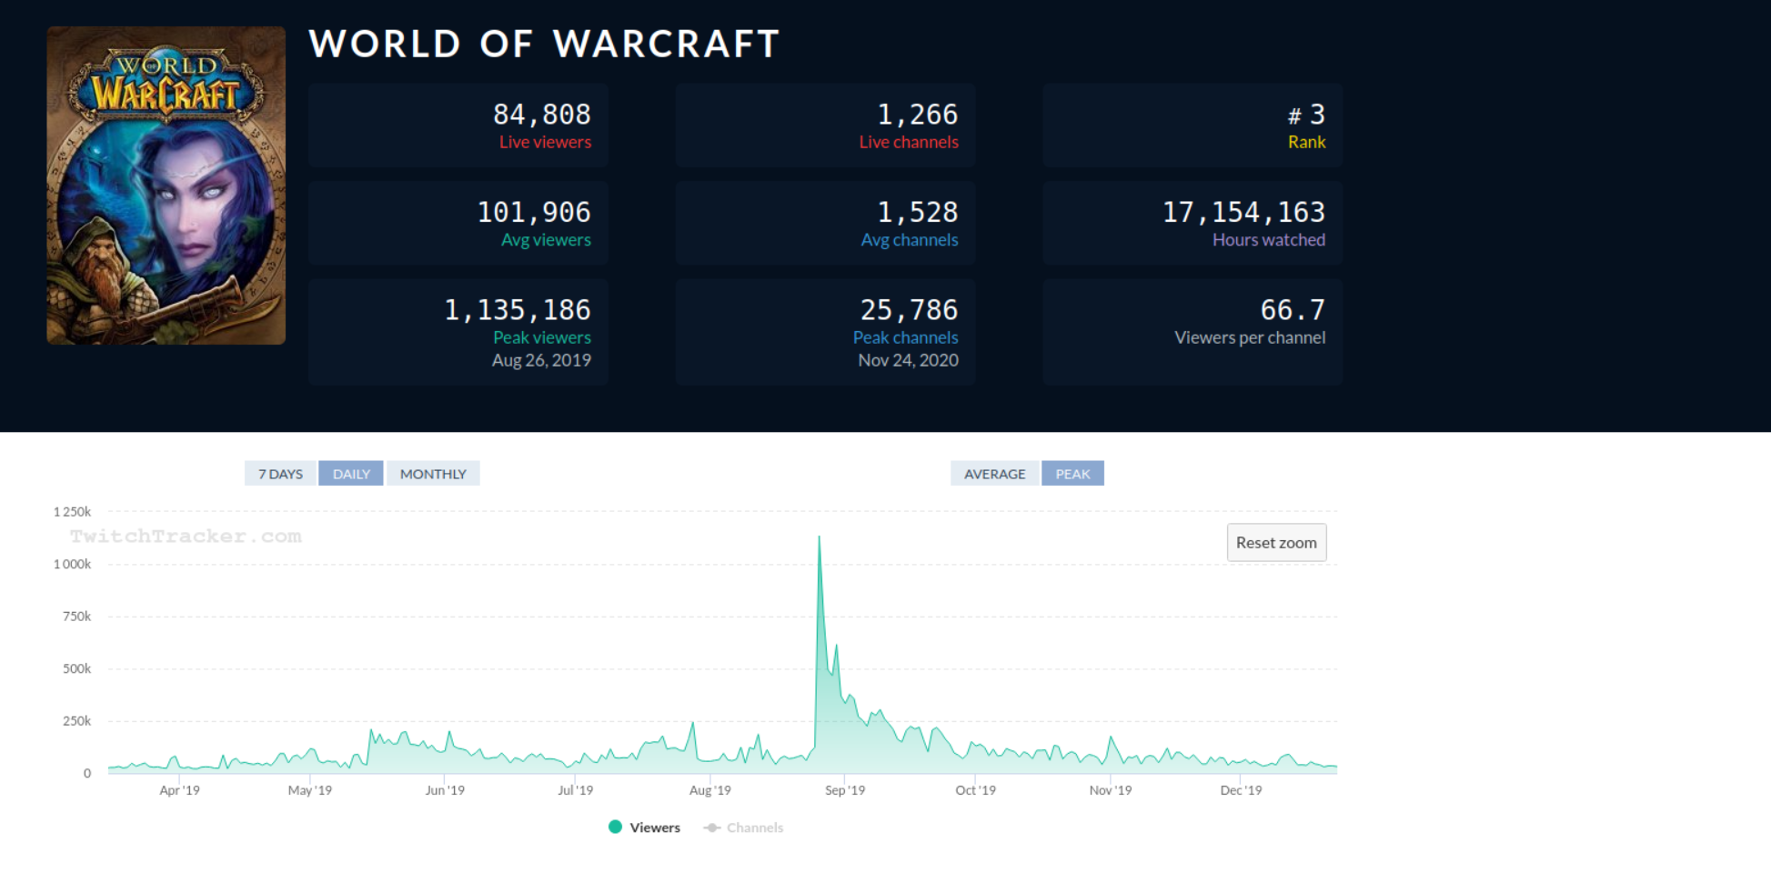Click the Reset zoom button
1276,542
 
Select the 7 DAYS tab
280,474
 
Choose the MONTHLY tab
433,474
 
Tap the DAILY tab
351,474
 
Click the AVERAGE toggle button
994,474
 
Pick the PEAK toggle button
1072,474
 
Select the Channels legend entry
743,828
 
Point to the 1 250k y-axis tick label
72,512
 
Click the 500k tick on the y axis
76,668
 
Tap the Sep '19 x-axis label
845,790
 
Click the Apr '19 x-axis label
179,790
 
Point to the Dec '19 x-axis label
1241,790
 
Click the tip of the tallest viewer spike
819,537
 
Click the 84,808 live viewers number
542,115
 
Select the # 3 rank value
1306,115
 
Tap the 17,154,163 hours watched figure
1243,213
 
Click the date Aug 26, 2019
541,360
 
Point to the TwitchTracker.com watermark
186,537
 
